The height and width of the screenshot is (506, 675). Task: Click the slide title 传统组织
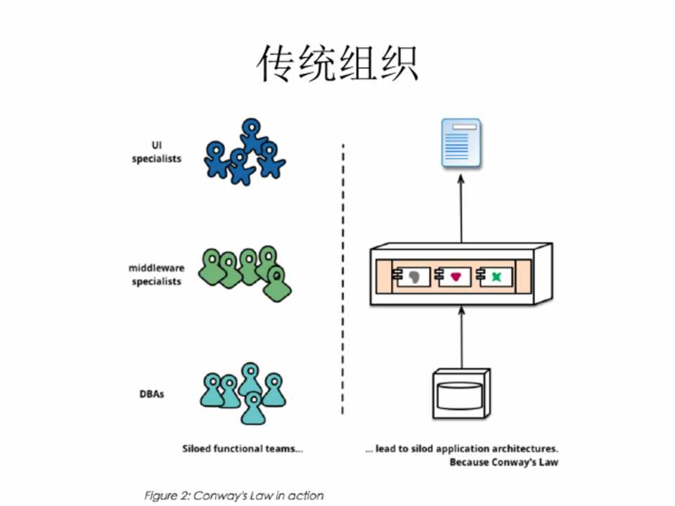pos(337,64)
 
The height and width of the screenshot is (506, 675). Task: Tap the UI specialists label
pos(156,152)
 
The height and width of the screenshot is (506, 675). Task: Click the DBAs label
pos(151,394)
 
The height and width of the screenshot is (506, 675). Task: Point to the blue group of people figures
pos(244,154)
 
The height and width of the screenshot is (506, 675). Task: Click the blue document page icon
pos(461,143)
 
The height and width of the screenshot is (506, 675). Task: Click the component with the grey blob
pos(413,278)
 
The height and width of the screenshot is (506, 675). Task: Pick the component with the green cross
pos(494,278)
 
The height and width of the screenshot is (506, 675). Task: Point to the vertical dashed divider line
pos(342,281)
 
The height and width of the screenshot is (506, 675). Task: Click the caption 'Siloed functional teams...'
pos(243,448)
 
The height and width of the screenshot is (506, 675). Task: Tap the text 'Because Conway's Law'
pos(503,462)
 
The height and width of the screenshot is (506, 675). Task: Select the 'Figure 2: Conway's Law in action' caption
pos(233,495)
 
